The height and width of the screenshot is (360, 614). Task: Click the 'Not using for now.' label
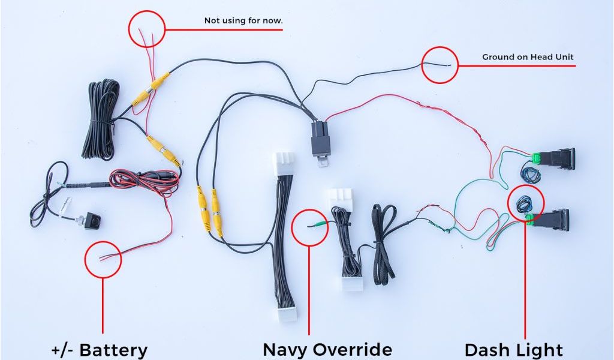tap(243, 20)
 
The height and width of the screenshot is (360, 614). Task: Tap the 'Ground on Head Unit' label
tap(528, 57)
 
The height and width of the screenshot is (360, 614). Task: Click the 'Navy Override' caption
tap(327, 349)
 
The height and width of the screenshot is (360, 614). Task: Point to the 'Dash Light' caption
tap(514, 349)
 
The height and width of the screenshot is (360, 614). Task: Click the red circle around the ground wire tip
tap(440, 65)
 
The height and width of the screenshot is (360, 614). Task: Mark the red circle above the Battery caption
tap(103, 259)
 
